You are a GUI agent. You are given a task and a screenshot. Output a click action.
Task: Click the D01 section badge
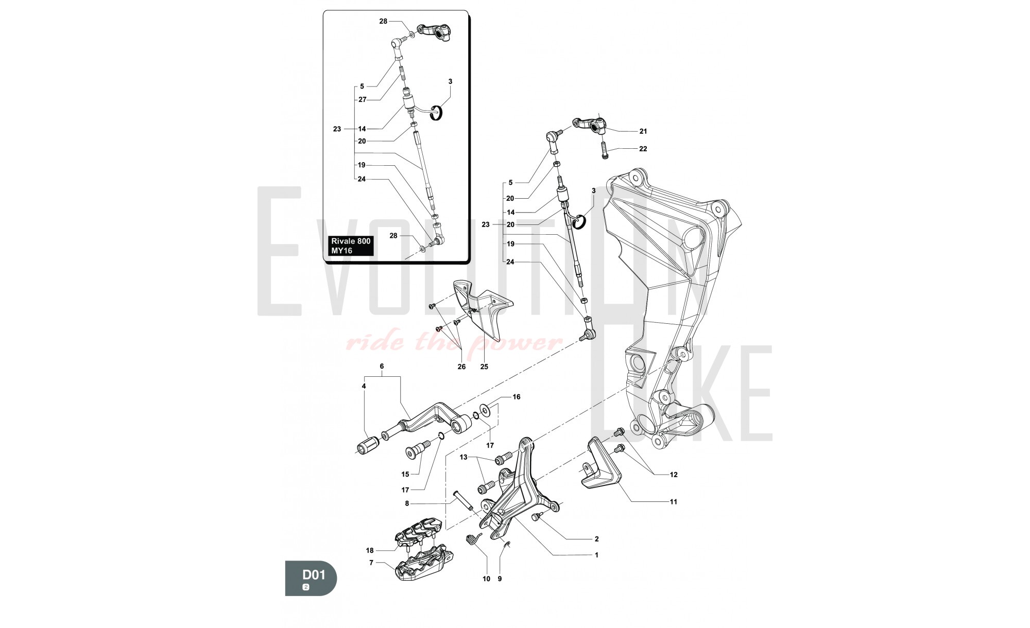coord(311,578)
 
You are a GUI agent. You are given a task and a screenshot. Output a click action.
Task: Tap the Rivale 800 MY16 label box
coord(351,246)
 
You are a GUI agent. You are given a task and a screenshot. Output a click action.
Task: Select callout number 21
coord(643,131)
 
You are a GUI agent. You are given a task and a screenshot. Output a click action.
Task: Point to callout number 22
coord(643,149)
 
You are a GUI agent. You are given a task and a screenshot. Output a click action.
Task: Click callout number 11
coord(673,501)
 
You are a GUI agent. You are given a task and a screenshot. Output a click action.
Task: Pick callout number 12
coord(673,475)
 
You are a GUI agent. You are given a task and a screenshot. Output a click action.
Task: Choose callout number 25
coord(484,367)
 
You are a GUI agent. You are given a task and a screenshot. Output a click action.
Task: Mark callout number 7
coord(371,563)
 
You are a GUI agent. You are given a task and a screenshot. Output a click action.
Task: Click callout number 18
coord(370,550)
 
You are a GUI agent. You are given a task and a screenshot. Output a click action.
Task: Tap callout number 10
coord(486,579)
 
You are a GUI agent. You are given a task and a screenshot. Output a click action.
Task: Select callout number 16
coord(516,397)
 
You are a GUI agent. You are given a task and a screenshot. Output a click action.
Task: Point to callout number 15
coord(405,474)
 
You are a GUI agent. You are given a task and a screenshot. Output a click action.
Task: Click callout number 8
coord(406,503)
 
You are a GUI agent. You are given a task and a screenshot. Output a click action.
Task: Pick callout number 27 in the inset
coord(362,100)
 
